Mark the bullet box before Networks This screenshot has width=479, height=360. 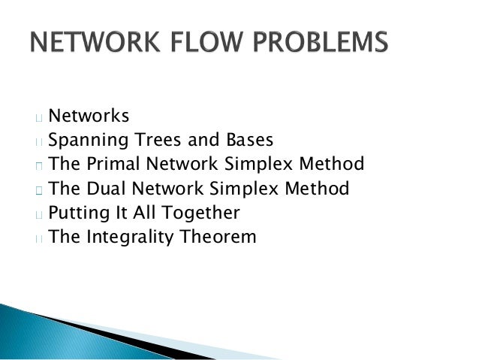click(x=38, y=117)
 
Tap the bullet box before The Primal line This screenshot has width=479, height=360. click(x=38, y=165)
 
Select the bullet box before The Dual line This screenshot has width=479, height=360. click(x=38, y=189)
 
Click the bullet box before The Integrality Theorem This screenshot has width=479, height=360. click(x=38, y=238)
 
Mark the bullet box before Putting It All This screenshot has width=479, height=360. click(x=38, y=214)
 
